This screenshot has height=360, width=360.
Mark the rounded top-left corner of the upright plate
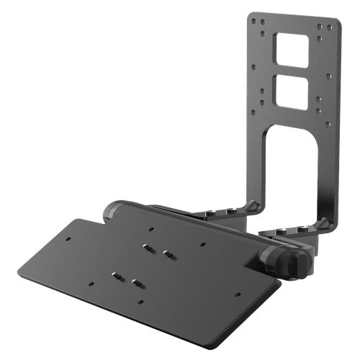(251, 15)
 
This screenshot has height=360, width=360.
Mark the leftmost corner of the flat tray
(19, 271)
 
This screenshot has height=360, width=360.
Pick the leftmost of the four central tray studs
(116, 275)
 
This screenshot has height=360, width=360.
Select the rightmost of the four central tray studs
(168, 253)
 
